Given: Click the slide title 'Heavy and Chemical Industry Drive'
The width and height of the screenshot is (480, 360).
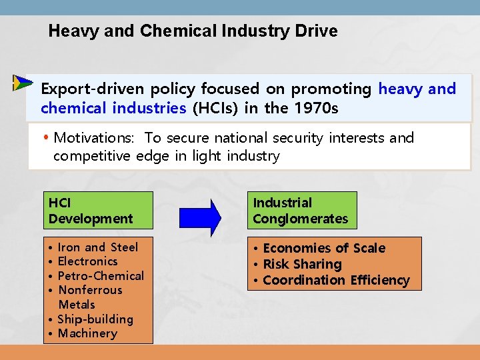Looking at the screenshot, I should pyautogui.click(x=193, y=31).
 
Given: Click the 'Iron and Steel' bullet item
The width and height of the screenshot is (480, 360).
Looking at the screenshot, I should pyautogui.click(x=97, y=247).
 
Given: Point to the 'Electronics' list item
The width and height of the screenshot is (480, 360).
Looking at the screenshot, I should pyautogui.click(x=87, y=261).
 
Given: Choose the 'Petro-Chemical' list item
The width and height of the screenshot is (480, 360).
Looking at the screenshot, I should pyautogui.click(x=101, y=276).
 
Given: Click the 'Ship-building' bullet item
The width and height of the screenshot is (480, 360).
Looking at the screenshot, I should pyautogui.click(x=95, y=319).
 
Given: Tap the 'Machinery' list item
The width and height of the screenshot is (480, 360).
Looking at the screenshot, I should pyautogui.click(x=87, y=333).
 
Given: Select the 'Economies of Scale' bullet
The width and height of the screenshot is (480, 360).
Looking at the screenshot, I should pyautogui.click(x=324, y=248).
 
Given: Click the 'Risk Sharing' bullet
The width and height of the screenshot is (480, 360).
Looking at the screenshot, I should pyautogui.click(x=302, y=264).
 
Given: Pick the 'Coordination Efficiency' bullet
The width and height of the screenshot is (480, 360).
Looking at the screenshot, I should pyautogui.click(x=336, y=280).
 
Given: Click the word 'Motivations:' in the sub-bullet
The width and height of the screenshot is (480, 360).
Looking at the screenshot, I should pyautogui.click(x=94, y=138).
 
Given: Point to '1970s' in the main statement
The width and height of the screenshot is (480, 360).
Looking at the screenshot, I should pyautogui.click(x=314, y=107).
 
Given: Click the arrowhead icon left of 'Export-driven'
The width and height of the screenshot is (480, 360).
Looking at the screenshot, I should pyautogui.click(x=22, y=83).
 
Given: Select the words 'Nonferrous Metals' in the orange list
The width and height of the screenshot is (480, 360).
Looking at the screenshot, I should pyautogui.click(x=90, y=297).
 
